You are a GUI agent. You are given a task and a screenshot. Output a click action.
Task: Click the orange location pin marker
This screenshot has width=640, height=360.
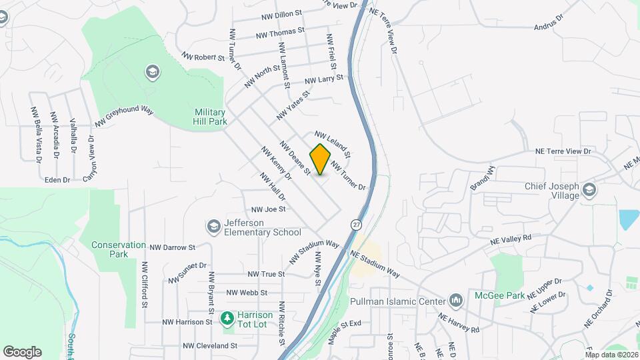click(321, 159)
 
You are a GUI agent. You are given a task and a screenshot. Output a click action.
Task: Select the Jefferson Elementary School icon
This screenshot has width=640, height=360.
click(213, 227)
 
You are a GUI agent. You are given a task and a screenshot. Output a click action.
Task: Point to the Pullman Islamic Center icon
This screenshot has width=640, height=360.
click(456, 301)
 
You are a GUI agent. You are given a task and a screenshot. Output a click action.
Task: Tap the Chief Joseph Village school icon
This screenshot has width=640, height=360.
click(589, 191)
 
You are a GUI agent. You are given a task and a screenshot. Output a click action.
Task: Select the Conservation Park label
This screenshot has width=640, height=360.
click(119, 249)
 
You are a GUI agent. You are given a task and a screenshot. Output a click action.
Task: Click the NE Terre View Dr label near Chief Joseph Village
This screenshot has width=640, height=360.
click(563, 151)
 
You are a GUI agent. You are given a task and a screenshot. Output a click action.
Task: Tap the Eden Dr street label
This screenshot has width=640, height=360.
click(57, 180)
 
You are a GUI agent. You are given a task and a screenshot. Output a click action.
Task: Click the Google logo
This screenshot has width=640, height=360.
click(22, 351)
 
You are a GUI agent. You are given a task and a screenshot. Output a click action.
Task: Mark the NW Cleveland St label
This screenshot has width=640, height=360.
click(210, 346)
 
